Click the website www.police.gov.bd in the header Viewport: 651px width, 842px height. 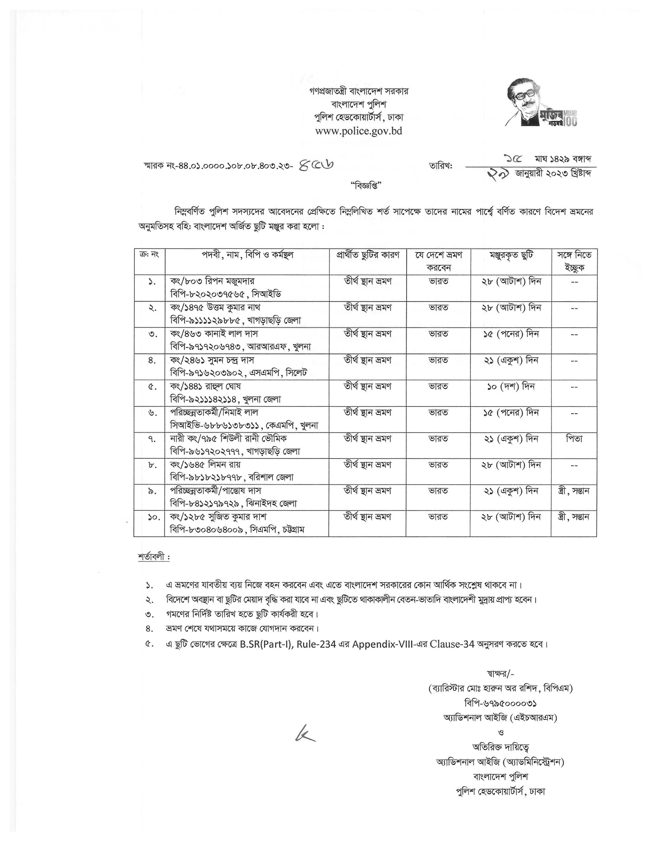click(x=358, y=131)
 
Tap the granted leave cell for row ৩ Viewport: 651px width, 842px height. click(x=511, y=334)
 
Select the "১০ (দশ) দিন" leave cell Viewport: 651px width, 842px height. click(x=511, y=386)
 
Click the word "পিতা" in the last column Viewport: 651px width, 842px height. click(x=574, y=439)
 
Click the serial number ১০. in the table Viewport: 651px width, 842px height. click(x=153, y=517)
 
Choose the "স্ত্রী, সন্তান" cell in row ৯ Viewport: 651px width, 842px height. click(x=574, y=491)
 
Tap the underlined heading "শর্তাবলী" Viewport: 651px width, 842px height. click(x=153, y=557)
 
